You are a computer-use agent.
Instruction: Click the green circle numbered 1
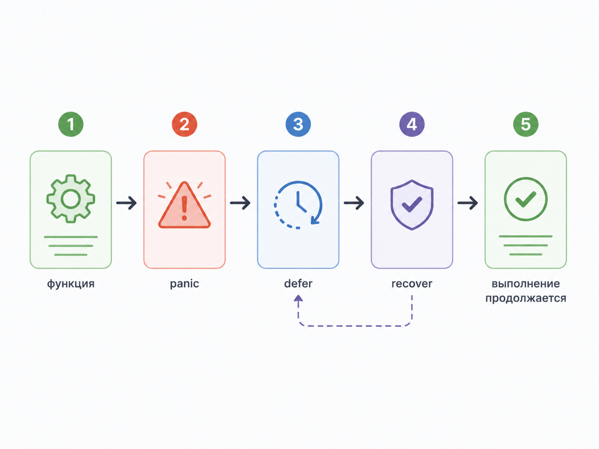(x=71, y=124)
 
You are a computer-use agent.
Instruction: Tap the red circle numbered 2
(x=184, y=124)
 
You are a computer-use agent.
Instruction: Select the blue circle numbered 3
(x=298, y=124)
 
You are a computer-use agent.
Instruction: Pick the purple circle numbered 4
(x=412, y=124)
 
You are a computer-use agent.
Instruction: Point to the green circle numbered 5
(x=526, y=124)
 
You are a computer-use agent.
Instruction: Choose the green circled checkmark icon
(x=526, y=199)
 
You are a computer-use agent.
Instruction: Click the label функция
(x=71, y=284)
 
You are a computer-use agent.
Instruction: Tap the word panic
(x=184, y=284)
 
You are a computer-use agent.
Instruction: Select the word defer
(x=298, y=284)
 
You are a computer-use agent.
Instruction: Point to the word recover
(x=412, y=284)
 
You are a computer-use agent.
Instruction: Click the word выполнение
(x=526, y=284)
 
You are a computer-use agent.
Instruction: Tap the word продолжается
(x=526, y=299)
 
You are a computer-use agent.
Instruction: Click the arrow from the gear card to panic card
(x=126, y=203)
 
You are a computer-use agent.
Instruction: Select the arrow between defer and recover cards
(x=354, y=203)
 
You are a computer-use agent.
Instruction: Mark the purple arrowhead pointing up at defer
(x=298, y=298)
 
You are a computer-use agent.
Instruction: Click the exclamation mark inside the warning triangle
(x=184, y=208)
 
